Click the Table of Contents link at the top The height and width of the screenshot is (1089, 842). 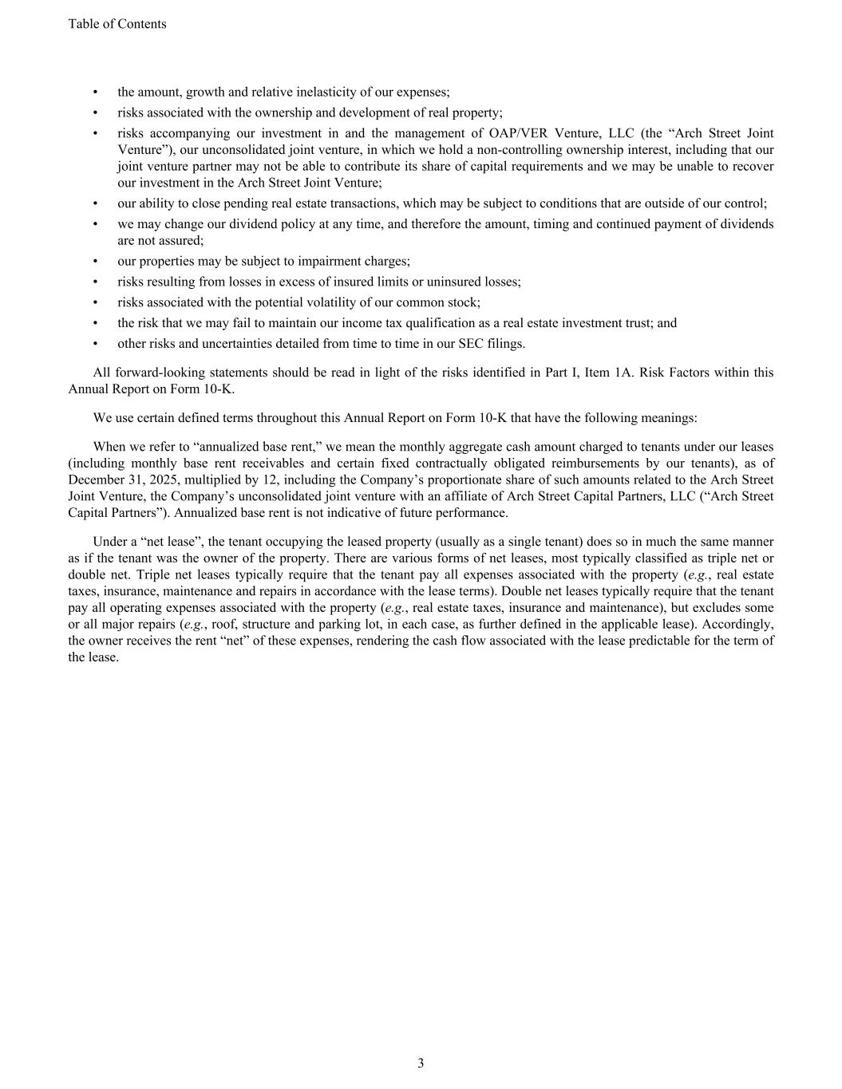(117, 24)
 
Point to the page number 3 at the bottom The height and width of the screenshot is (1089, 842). (421, 1063)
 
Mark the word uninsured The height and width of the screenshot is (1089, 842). (457, 282)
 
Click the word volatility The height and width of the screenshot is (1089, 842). (345, 303)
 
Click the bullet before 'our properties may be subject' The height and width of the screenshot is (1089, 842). (96, 262)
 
